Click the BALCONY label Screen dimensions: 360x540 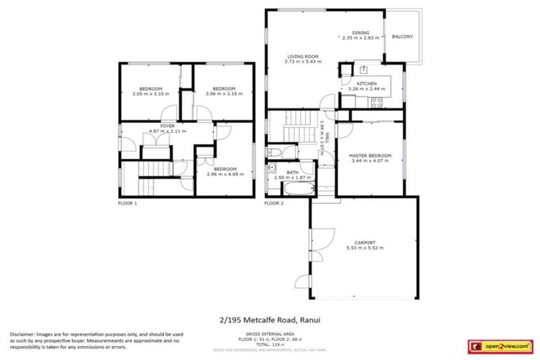[402, 37]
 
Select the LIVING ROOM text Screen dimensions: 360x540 [303, 57]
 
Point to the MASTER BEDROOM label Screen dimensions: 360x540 [370, 155]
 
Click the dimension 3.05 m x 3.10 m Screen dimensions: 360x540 [150, 94]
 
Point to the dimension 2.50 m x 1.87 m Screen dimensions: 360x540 [292, 178]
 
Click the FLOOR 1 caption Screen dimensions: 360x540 [127, 203]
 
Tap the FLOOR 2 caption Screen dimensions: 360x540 [274, 203]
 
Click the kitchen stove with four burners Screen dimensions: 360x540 [376, 102]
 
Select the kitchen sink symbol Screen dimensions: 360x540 [364, 69]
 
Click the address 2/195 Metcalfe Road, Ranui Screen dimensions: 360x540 [270, 319]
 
